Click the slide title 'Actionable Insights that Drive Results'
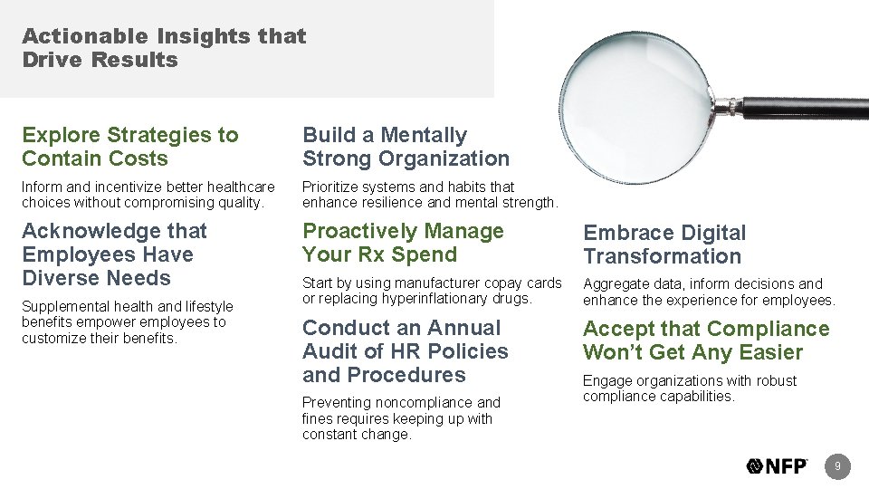pyautogui.click(x=164, y=49)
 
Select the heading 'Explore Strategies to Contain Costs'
pyautogui.click(x=130, y=147)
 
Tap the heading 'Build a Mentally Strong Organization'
pyautogui.click(x=406, y=147)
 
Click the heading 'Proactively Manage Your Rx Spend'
pyautogui.click(x=403, y=243)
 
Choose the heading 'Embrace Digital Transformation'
pyautogui.click(x=664, y=244)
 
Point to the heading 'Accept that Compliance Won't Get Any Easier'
pyautogui.click(x=706, y=340)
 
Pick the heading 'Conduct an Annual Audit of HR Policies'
pyautogui.click(x=405, y=351)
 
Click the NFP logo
pyautogui.click(x=777, y=466)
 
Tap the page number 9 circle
pyautogui.click(x=838, y=466)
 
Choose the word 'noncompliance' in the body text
pyautogui.click(x=405, y=402)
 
